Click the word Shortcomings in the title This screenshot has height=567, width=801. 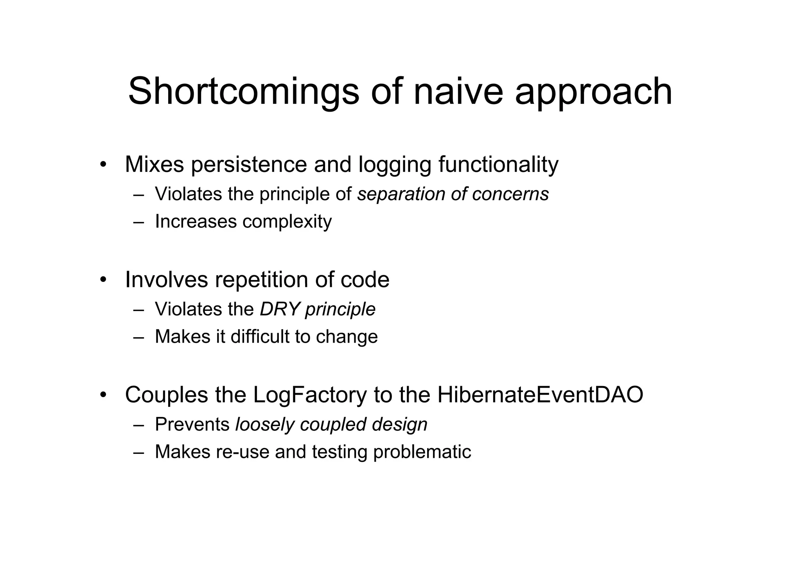[243, 92]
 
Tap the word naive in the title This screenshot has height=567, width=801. [458, 92]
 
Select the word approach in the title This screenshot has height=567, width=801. [593, 92]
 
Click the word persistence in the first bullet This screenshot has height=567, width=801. [249, 164]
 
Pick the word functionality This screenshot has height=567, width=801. [498, 164]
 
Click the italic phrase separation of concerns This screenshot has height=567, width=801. [453, 194]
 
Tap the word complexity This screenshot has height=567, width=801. [287, 222]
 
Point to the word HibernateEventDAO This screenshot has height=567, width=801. [540, 395]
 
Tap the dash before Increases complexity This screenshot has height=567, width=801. [138, 222]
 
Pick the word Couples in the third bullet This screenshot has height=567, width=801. [166, 395]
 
